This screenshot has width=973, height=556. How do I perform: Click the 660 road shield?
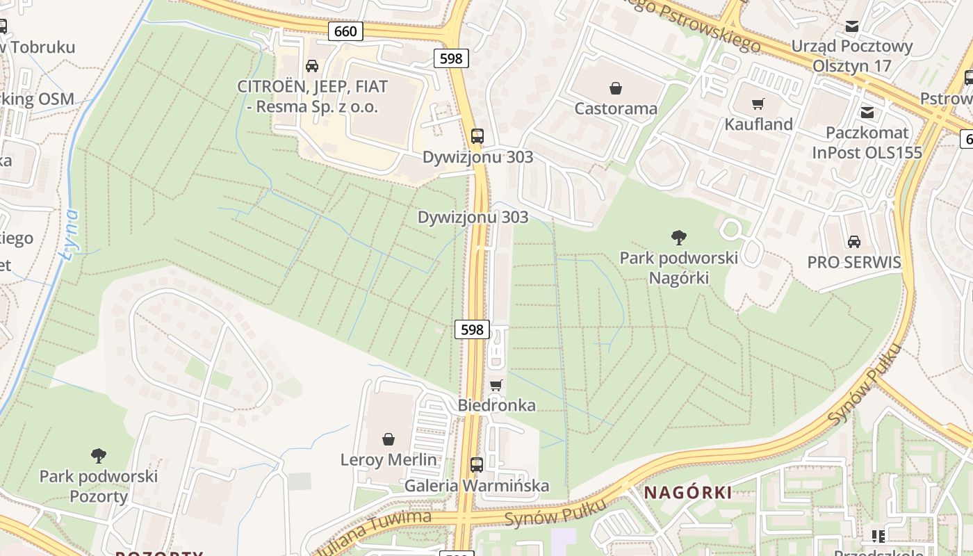(x=345, y=31)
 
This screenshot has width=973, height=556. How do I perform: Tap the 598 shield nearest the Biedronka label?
(x=472, y=329)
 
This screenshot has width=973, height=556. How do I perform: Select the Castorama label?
(x=615, y=108)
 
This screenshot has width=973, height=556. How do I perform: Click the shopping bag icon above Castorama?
(x=615, y=88)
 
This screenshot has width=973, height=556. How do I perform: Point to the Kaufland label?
(x=758, y=124)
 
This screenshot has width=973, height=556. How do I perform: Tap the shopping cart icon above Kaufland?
(x=758, y=104)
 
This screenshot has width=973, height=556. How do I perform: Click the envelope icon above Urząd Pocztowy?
(x=851, y=26)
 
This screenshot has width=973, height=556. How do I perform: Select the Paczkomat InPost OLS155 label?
(x=867, y=142)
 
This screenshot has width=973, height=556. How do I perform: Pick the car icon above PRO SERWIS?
(x=853, y=241)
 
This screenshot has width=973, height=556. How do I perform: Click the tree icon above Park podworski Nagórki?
(x=678, y=238)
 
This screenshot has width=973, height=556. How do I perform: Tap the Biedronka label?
(x=496, y=405)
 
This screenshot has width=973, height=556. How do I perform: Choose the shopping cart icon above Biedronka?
(x=496, y=385)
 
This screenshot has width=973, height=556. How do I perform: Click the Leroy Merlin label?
(x=389, y=459)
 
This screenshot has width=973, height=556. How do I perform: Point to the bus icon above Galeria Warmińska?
(x=477, y=465)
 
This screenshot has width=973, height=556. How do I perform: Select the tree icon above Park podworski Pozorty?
(x=98, y=456)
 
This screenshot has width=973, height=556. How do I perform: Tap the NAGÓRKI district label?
(x=687, y=493)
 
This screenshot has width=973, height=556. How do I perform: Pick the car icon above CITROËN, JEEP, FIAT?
(x=312, y=66)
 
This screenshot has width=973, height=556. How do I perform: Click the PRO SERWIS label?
(x=853, y=263)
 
